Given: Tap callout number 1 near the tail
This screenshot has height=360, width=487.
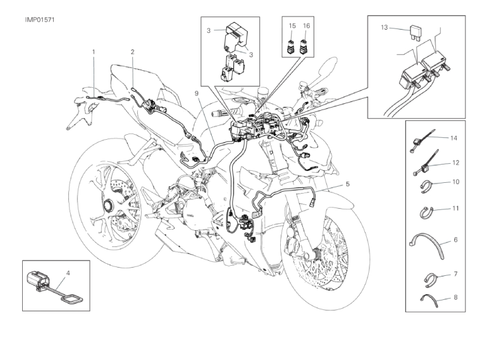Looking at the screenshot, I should coord(94,51).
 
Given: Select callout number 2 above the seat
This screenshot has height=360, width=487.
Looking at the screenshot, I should coord(133,51).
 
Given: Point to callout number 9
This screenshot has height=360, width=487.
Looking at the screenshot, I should coord(197,94).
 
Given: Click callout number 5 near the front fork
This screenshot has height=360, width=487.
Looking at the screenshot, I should coord(347,184).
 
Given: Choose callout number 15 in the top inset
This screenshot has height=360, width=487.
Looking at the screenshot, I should coord(292,26).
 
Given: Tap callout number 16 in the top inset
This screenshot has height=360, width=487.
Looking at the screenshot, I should coord(307,26).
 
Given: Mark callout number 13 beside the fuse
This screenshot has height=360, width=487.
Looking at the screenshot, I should coord(384,27).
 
